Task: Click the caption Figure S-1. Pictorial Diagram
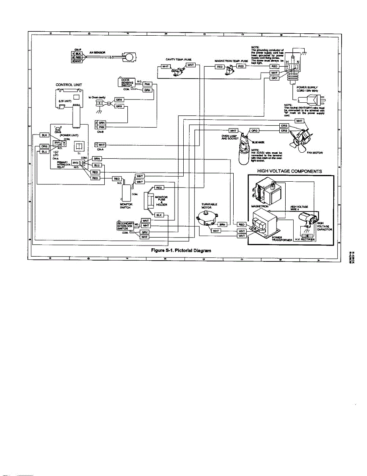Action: pyautogui.click(x=181, y=251)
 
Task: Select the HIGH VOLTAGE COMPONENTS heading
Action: pyautogui.click(x=290, y=171)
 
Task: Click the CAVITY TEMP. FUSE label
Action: pyautogui.click(x=179, y=59)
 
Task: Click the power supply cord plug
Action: pyautogui.click(x=313, y=100)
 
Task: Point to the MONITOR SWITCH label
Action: pyautogui.click(x=126, y=205)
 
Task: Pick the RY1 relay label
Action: pyautogui.click(x=57, y=143)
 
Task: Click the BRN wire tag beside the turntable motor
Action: pyautogui.click(x=222, y=225)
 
